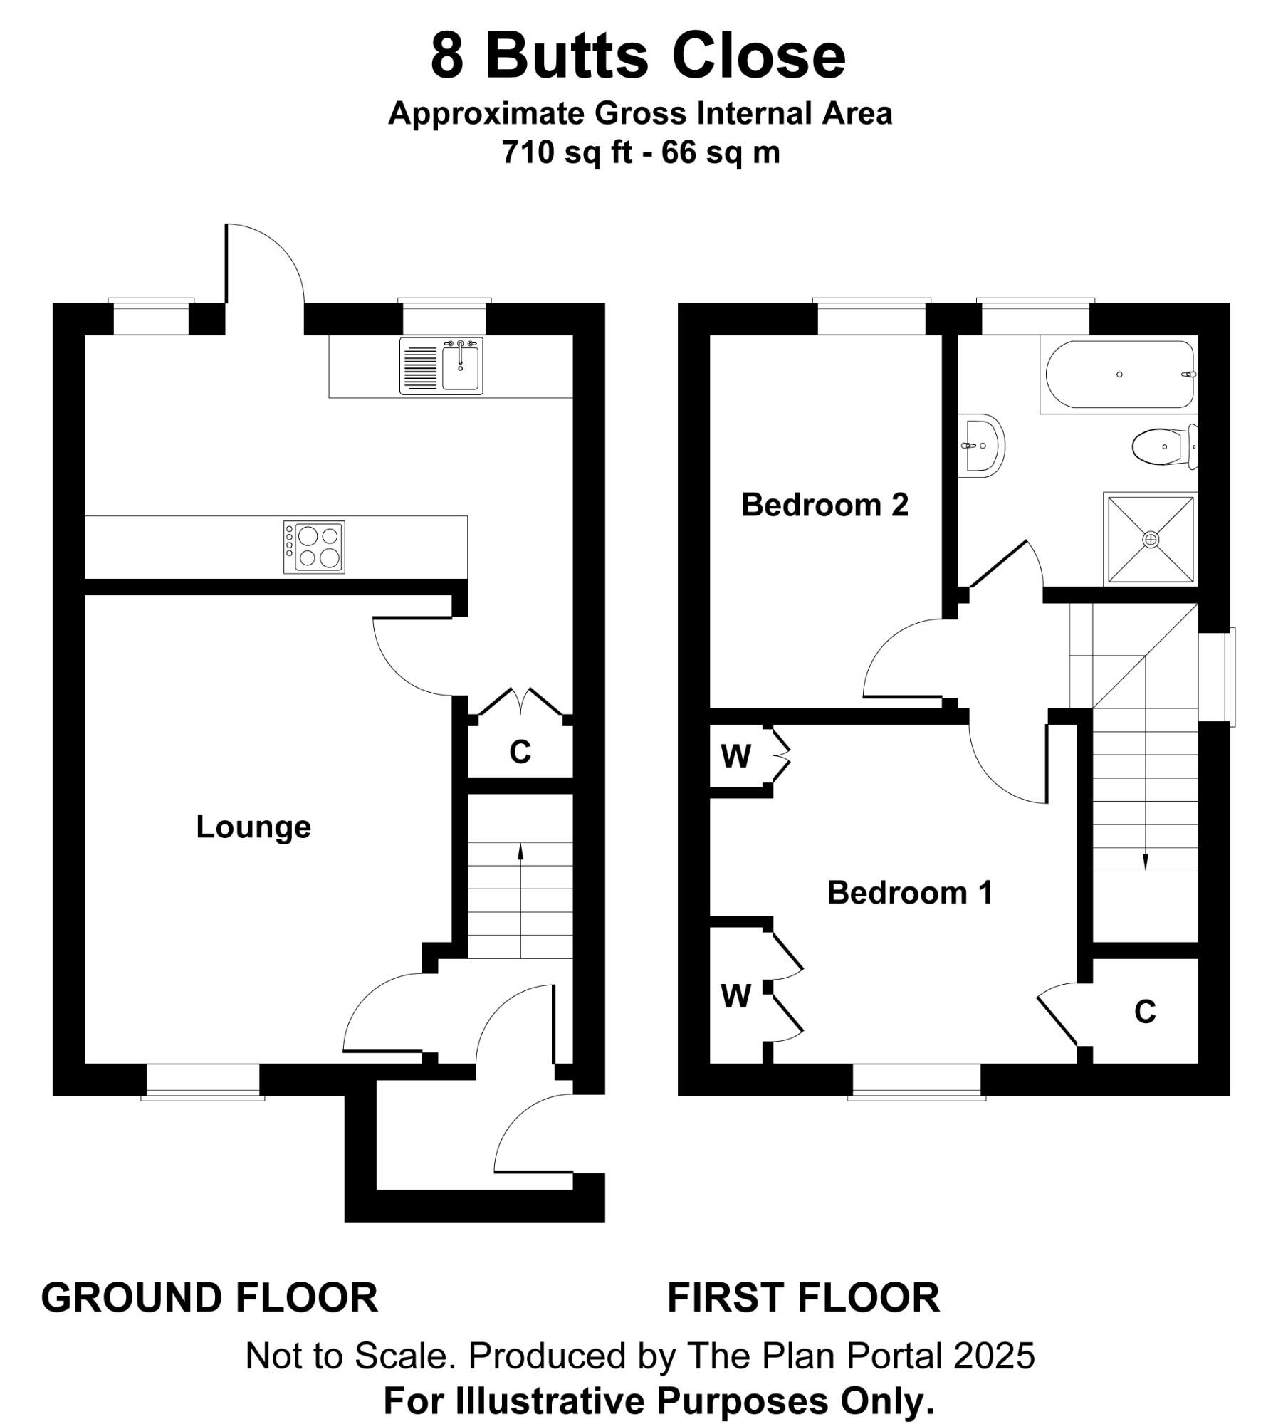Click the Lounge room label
(x=253, y=827)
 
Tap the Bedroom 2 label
(x=824, y=505)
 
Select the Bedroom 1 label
(x=909, y=893)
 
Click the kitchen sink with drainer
(x=441, y=365)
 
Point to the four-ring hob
(x=314, y=547)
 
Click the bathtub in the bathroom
(x=1119, y=375)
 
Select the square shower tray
(x=1151, y=540)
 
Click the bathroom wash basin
(x=983, y=446)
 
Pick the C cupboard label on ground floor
(x=520, y=752)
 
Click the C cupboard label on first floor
(x=1145, y=1012)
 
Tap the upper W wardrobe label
(x=735, y=756)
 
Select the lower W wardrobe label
(x=735, y=996)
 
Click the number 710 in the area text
(x=528, y=152)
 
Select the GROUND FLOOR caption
(x=209, y=1298)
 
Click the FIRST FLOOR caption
(x=803, y=1298)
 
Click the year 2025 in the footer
(x=994, y=1356)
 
